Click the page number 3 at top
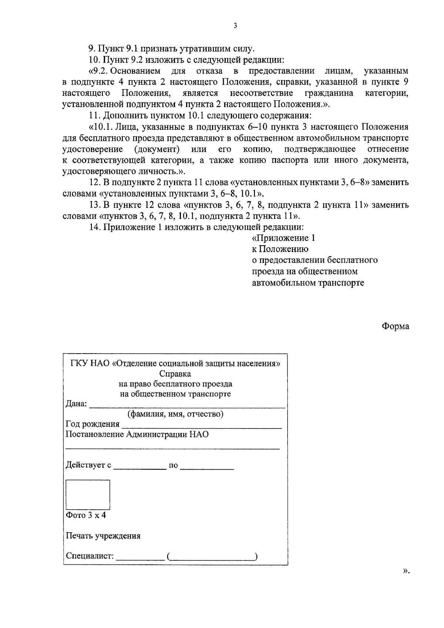235,26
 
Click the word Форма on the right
396,326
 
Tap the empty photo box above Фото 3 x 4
88,494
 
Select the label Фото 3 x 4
86,515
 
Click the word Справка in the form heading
175,374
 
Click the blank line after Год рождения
202,426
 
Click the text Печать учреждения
103,536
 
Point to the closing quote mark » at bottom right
406,581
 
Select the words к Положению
280,249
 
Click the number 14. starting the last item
95,227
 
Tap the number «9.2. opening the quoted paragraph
100,70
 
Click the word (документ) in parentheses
157,149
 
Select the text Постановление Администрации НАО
137,434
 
